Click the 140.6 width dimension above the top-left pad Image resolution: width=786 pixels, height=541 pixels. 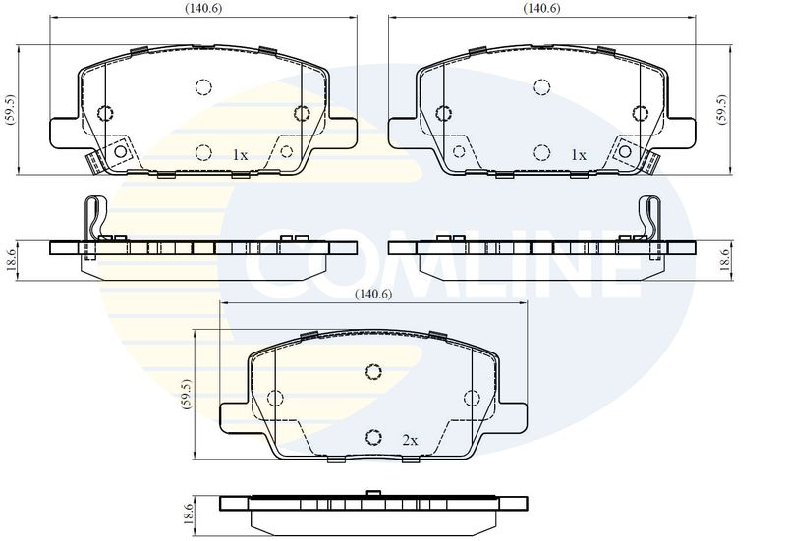(x=203, y=9)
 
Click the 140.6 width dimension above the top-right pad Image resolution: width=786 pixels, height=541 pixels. (x=542, y=9)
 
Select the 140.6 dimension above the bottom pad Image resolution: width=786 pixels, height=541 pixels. (x=373, y=294)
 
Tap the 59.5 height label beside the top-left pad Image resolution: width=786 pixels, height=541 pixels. (x=11, y=109)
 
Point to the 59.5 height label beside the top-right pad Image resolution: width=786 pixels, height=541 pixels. (x=722, y=109)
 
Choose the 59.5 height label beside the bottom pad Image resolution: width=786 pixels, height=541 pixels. (x=187, y=395)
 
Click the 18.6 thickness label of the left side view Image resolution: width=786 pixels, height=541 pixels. (x=11, y=260)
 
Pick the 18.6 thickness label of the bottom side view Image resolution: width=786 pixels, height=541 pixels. (x=188, y=514)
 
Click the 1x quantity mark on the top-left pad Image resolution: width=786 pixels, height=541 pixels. (x=240, y=155)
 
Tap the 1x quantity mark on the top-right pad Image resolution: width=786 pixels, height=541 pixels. (x=579, y=155)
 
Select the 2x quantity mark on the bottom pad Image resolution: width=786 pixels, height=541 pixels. (x=410, y=440)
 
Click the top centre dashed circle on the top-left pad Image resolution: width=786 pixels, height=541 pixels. (x=203, y=87)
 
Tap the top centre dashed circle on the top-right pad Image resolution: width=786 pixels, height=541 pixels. (x=542, y=87)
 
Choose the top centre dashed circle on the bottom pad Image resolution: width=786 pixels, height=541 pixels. (x=373, y=372)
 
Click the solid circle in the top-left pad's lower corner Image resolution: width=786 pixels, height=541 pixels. (x=121, y=151)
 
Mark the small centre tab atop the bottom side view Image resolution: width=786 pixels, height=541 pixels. (x=373, y=494)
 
